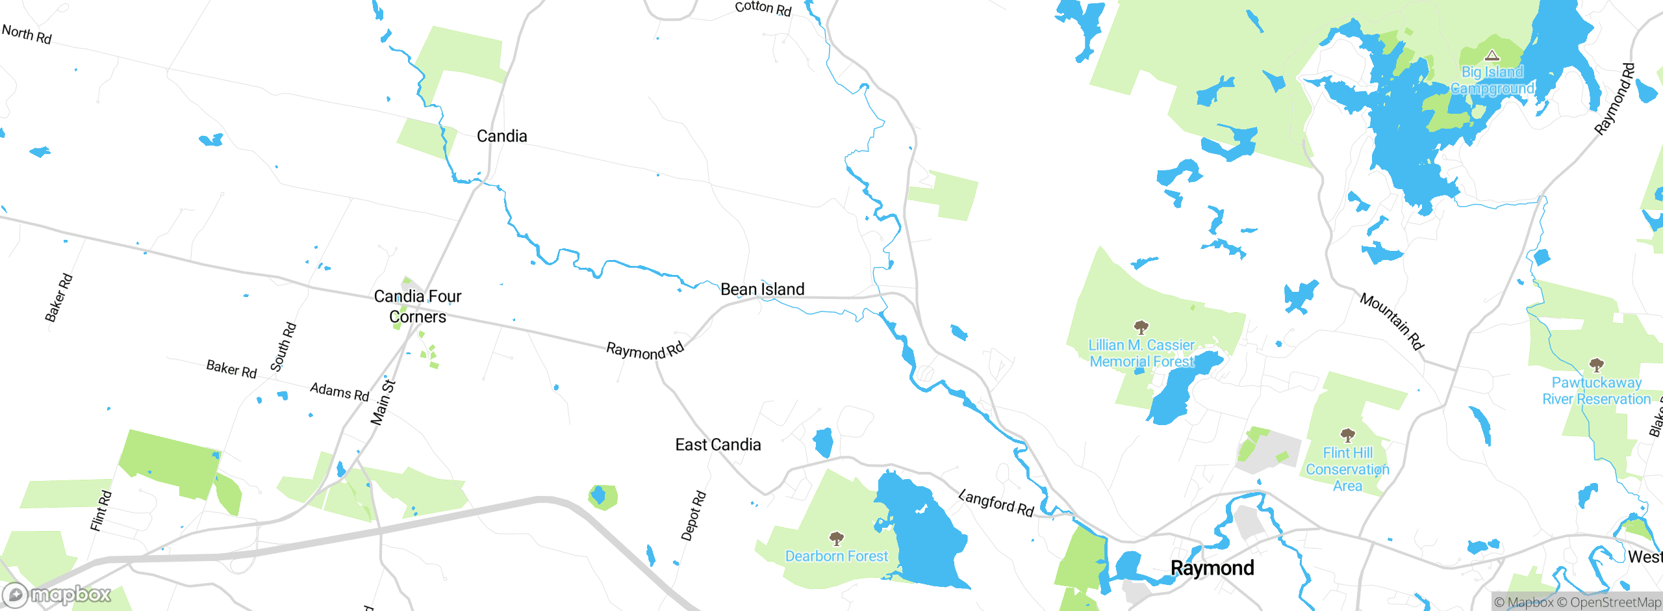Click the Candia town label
(x=501, y=136)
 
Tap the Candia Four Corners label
(x=418, y=306)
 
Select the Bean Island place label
(x=763, y=289)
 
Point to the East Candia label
(x=718, y=445)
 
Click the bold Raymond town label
(x=1212, y=568)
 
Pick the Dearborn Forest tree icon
(x=837, y=538)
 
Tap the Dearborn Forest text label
(x=836, y=556)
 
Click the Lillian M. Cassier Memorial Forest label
(x=1141, y=353)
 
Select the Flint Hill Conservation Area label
(x=1347, y=469)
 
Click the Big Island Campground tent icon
(x=1492, y=55)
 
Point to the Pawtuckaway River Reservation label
(x=1596, y=391)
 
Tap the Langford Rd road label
(x=997, y=504)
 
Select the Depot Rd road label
(x=693, y=516)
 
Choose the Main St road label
(x=383, y=402)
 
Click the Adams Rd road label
(x=339, y=392)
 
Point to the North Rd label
(x=27, y=34)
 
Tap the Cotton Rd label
(x=763, y=8)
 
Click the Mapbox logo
(x=57, y=594)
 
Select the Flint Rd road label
(x=101, y=511)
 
